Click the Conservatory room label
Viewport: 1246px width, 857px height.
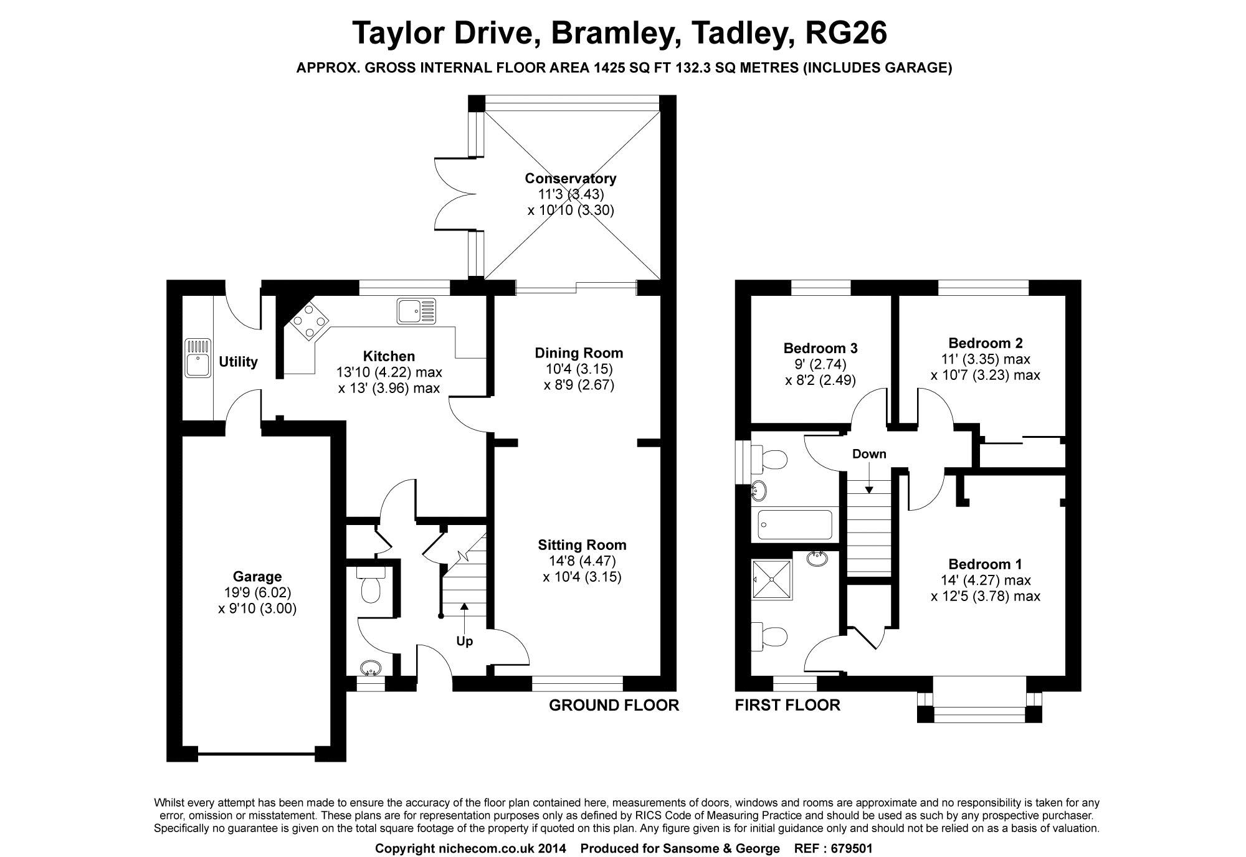pyautogui.click(x=570, y=179)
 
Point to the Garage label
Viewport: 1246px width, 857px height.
pyautogui.click(x=257, y=577)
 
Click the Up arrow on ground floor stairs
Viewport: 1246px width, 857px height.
pyautogui.click(x=464, y=607)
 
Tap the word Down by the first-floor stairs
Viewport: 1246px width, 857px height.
pyautogui.click(x=869, y=454)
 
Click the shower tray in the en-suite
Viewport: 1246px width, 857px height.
pyautogui.click(x=772, y=579)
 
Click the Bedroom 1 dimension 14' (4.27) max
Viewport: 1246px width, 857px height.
pyautogui.click(x=985, y=580)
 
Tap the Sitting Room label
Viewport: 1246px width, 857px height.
pyautogui.click(x=582, y=545)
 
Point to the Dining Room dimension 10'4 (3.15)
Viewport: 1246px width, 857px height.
pyautogui.click(x=579, y=369)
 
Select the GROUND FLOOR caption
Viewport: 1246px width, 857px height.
pyautogui.click(x=613, y=705)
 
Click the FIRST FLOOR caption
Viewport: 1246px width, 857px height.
pyautogui.click(x=787, y=705)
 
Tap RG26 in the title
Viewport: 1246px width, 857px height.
pyautogui.click(x=846, y=34)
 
